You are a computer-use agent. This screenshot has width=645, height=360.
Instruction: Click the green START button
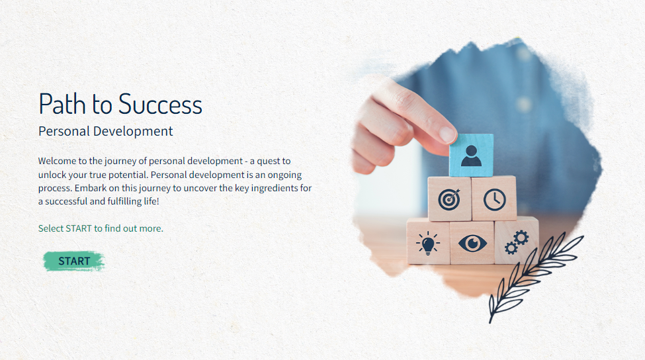coord(74,261)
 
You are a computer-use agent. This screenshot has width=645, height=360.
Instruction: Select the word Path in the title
coord(62,104)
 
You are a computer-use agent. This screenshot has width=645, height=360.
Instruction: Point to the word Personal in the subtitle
coord(64,131)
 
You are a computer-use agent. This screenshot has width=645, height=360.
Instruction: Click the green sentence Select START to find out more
coord(101,228)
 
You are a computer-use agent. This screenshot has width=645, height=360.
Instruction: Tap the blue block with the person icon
coord(471,155)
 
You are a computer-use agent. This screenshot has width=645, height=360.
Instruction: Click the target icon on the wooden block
coord(449,200)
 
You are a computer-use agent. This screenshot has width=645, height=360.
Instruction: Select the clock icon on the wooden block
coord(494,200)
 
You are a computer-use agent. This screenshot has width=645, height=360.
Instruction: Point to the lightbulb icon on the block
coord(428,243)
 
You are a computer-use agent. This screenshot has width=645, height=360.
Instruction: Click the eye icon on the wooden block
coord(472,243)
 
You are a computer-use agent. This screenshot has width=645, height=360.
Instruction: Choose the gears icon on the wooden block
coord(517,242)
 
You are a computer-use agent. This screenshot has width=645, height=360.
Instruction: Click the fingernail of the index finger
coord(448,134)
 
